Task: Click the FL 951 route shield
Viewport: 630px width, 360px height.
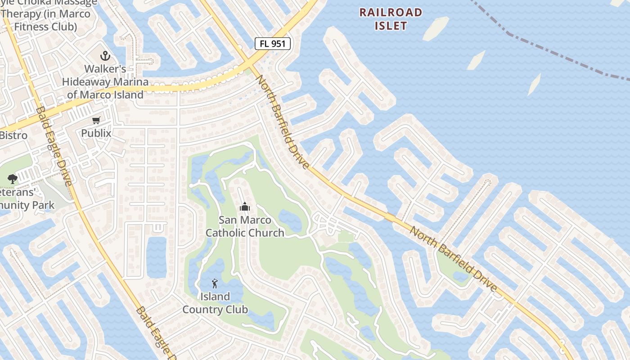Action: pyautogui.click(x=273, y=44)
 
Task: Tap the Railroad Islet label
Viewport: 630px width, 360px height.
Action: pyautogui.click(x=391, y=19)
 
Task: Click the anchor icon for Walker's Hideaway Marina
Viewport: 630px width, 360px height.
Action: pyautogui.click(x=105, y=56)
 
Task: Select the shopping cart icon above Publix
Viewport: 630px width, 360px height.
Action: pyautogui.click(x=96, y=120)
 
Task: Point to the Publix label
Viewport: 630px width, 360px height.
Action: pyautogui.click(x=96, y=133)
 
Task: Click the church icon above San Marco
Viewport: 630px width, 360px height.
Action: pyautogui.click(x=245, y=207)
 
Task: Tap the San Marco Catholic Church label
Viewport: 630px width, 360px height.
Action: pyautogui.click(x=245, y=226)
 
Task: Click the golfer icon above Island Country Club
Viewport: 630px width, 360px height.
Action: pyautogui.click(x=215, y=283)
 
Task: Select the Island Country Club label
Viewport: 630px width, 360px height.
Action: pyautogui.click(x=215, y=303)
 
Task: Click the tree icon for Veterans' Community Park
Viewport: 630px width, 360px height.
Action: pyautogui.click(x=13, y=179)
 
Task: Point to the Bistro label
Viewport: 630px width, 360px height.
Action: pyautogui.click(x=13, y=135)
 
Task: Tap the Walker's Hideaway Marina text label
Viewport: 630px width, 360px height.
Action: pyautogui.click(x=105, y=82)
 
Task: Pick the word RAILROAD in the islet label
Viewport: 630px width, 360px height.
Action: pyautogui.click(x=391, y=13)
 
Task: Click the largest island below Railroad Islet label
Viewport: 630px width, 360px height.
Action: pyautogui.click(x=435, y=29)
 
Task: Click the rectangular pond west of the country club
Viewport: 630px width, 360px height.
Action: pyautogui.click(x=156, y=257)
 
